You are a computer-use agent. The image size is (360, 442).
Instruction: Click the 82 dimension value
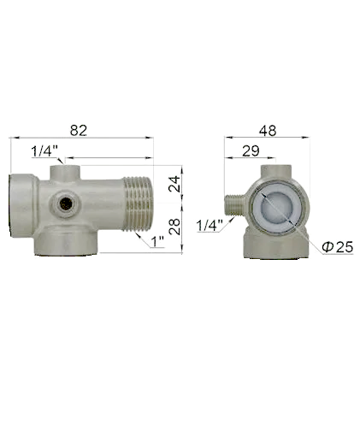[79, 131]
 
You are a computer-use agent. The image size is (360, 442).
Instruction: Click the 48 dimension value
[268, 131]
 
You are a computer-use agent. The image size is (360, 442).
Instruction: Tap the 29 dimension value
[251, 150]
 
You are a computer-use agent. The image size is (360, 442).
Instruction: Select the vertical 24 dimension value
[174, 184]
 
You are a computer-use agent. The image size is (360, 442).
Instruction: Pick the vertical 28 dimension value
[174, 227]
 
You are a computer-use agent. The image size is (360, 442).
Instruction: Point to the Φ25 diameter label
[338, 247]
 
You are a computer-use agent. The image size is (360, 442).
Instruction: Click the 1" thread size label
[157, 242]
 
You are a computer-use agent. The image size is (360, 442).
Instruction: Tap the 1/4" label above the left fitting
[44, 150]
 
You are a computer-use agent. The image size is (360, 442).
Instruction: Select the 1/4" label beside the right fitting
[210, 226]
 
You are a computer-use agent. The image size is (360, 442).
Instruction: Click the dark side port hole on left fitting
[66, 203]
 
